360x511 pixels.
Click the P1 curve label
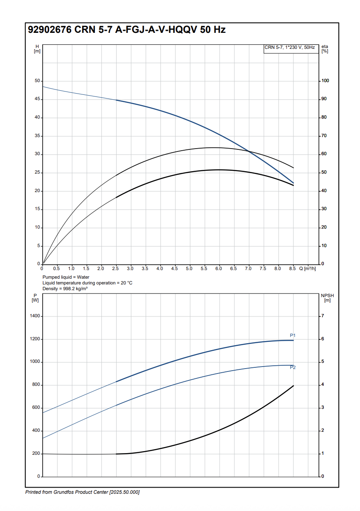[x=293, y=336]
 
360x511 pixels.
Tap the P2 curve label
[x=293, y=367]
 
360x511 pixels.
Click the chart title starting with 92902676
[x=126, y=30]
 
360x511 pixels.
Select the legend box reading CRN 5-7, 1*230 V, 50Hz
[x=290, y=48]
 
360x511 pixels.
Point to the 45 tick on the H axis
[x=37, y=99]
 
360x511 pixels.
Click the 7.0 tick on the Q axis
[x=248, y=268]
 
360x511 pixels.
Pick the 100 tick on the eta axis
[x=325, y=81]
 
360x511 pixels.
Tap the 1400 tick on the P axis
[x=35, y=316]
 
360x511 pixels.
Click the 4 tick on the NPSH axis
[x=323, y=385]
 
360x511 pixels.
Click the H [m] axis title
[x=37, y=48]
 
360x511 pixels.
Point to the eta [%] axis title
[x=325, y=48]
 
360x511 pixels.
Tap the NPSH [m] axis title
[x=327, y=298]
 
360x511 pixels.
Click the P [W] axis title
[x=35, y=298]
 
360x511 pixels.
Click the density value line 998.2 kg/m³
[x=65, y=289]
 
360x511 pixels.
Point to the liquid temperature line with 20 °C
[x=87, y=283]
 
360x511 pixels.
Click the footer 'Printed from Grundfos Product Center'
[x=82, y=492]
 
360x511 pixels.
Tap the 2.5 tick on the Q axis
[x=116, y=268]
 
